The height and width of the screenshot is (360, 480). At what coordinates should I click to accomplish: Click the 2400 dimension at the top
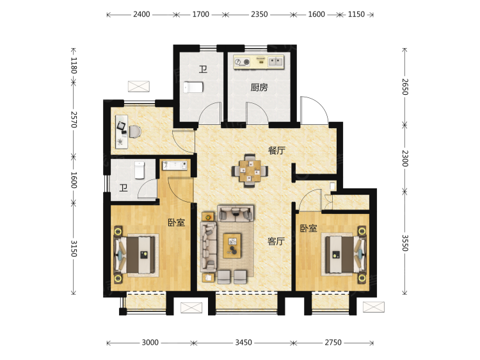point(141,14)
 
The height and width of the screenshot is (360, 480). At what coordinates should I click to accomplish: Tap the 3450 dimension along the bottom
point(243,343)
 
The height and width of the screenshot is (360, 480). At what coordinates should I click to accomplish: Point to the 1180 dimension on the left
point(74,65)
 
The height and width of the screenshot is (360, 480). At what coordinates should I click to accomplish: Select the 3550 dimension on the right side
point(404,243)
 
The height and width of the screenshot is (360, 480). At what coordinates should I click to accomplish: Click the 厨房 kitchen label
point(259,88)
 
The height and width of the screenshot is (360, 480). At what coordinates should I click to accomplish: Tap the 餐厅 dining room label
point(276,151)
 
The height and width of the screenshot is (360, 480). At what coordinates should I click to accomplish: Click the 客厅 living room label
point(276,241)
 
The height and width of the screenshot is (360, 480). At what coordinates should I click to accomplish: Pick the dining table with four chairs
point(250,170)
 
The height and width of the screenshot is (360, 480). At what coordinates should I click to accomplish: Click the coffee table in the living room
point(232,246)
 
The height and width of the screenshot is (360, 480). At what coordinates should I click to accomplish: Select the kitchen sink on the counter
point(275,61)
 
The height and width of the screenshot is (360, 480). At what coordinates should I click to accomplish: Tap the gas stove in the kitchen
point(242,62)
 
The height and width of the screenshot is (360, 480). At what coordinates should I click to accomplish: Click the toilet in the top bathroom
point(193,87)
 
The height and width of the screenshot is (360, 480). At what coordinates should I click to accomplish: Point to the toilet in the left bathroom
point(140,170)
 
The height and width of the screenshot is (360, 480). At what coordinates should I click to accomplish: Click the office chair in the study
point(134,132)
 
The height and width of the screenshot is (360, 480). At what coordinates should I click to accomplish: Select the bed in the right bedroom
point(346,254)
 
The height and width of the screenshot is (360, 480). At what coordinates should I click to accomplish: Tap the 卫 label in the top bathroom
point(203,69)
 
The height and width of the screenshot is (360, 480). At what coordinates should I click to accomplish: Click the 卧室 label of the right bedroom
point(308,228)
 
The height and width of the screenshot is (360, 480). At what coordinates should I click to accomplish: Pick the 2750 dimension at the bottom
point(333,343)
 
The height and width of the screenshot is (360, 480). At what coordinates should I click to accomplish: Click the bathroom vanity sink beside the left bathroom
point(175,165)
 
